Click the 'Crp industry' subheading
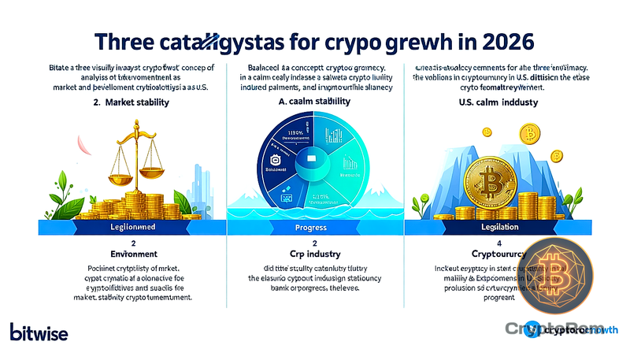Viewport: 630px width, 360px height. pyautogui.click(x=315, y=255)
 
